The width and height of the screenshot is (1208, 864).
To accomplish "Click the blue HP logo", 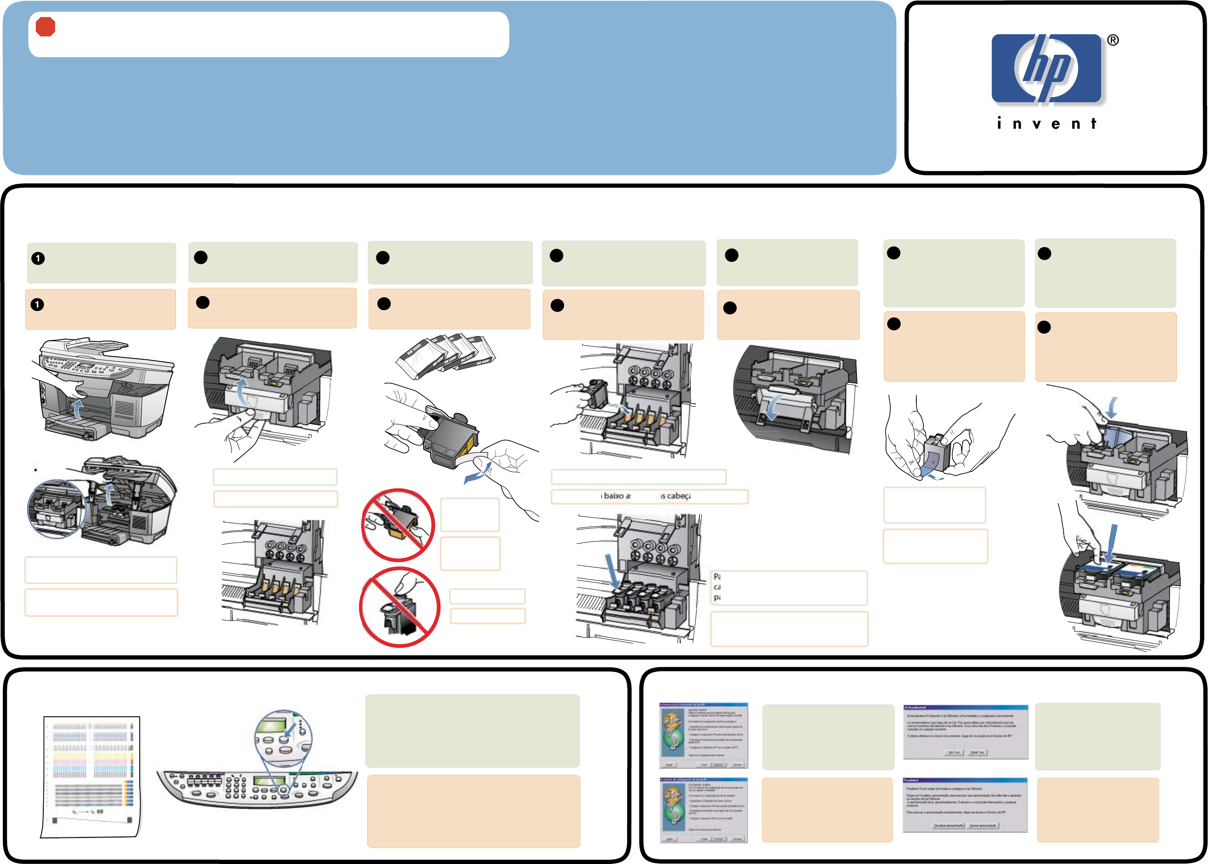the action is coord(1046,68).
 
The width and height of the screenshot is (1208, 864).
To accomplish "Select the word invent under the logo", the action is coord(1046,124).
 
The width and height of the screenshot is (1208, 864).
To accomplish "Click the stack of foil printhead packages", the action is coord(446,355).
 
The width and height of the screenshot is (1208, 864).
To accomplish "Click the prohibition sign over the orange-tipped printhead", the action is coord(398,525).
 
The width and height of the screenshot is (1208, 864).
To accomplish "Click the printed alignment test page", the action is coord(91,777).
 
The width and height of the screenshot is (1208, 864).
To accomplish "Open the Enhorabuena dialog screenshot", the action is coord(965,732).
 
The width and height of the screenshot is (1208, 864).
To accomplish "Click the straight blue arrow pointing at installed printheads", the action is coord(612,572).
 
